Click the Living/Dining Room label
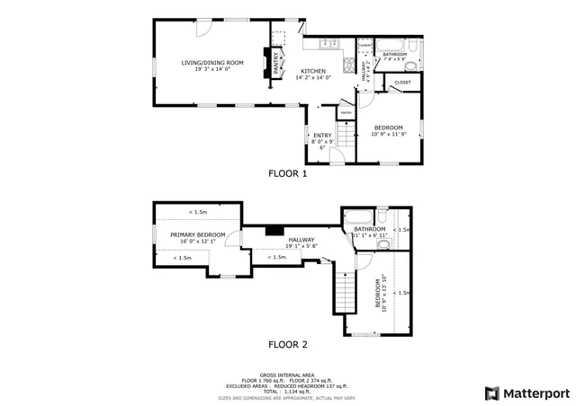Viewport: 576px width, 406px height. click(212, 63)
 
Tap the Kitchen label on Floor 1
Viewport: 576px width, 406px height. click(313, 71)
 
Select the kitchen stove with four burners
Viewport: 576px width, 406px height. click(348, 65)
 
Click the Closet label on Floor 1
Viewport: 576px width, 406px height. click(402, 83)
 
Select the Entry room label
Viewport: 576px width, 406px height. click(322, 136)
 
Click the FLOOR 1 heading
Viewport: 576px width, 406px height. click(288, 173)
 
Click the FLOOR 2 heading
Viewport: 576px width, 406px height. click(288, 344)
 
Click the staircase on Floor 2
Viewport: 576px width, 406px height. click(346, 292)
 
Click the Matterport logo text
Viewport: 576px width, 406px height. click(535, 393)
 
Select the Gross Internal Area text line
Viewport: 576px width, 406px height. click(288, 375)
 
